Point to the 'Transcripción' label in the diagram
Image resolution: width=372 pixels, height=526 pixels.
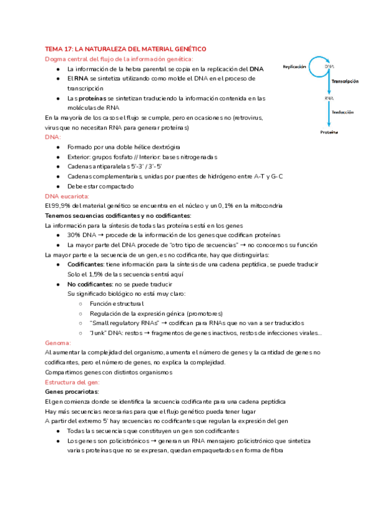pos(345,81)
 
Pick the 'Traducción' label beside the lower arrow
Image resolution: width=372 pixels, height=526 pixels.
pos(342,112)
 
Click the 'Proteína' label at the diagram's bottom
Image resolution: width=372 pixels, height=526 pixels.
pos(329,132)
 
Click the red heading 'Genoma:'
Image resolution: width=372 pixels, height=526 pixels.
pos(58,342)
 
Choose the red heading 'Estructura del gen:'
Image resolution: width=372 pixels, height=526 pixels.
pos(72,382)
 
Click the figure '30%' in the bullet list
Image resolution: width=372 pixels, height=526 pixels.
pos(74,235)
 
